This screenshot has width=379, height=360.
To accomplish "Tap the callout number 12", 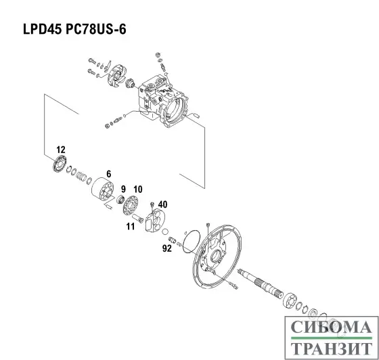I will click(x=61, y=150).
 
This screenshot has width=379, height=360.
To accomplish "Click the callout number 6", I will click(x=107, y=173).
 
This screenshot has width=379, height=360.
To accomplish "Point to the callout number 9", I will click(x=124, y=188).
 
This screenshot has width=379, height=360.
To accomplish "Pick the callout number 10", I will click(x=137, y=188).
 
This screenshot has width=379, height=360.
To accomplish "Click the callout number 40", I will click(x=162, y=204).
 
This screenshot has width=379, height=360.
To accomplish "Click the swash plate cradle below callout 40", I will click(x=158, y=222).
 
